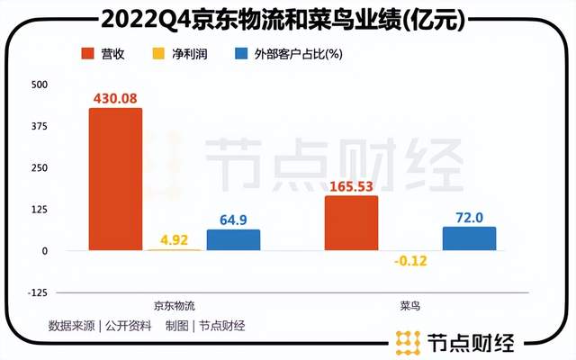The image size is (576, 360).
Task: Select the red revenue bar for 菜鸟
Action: tap(351, 222)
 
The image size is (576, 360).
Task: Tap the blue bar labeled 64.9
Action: tap(233, 239)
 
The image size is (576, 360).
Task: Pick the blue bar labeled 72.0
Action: tap(469, 238)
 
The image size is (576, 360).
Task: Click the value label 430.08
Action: tap(115, 95)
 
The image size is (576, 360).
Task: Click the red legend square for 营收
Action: tap(88, 53)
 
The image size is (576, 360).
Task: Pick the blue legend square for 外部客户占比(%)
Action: tap(240, 53)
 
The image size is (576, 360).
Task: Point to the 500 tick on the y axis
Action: tap(40, 85)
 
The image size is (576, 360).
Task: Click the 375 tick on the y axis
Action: tap(40, 127)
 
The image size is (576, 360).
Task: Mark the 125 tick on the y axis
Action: tap(40, 210)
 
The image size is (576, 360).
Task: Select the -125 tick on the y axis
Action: tap(39, 292)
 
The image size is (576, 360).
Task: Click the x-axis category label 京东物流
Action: tap(174, 308)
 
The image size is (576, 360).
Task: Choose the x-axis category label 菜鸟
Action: tap(410, 308)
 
